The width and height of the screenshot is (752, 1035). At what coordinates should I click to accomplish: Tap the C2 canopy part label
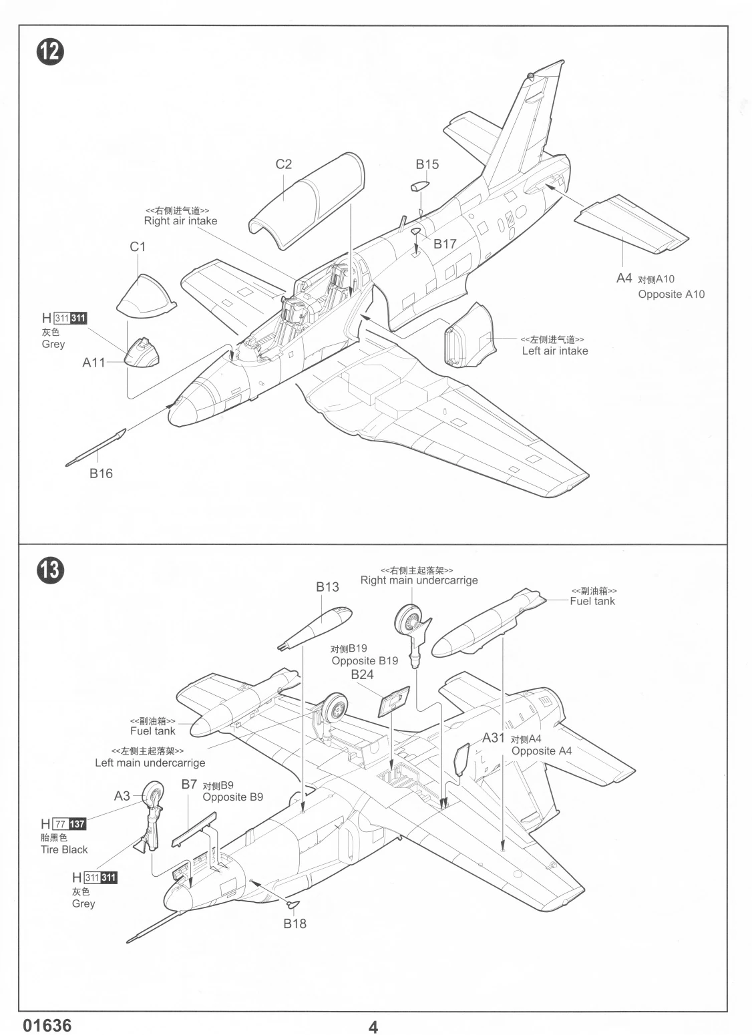click(x=284, y=164)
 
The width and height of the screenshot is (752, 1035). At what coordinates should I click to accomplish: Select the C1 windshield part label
click(x=138, y=246)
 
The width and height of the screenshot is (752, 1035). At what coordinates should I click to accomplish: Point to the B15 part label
click(x=427, y=164)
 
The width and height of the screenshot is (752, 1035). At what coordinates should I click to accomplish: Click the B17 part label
click(x=445, y=244)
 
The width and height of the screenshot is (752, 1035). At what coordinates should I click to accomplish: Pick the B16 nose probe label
click(x=102, y=473)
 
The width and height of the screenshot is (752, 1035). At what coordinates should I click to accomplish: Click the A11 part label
click(x=94, y=363)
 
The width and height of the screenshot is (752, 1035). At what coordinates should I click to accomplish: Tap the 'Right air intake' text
click(x=180, y=221)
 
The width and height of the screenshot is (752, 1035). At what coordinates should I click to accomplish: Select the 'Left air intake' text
click(x=555, y=351)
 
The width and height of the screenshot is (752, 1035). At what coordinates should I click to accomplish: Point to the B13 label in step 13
click(x=327, y=587)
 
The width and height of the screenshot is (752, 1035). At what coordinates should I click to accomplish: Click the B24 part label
click(x=362, y=674)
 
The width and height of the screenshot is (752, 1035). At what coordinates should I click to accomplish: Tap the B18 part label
click(x=295, y=923)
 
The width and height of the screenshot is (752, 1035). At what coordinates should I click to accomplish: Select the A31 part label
click(x=494, y=738)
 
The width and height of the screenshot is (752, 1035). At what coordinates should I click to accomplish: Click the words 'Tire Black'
click(x=64, y=849)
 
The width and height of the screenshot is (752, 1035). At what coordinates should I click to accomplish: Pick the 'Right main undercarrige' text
click(x=419, y=580)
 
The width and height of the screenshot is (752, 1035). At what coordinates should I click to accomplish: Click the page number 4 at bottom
click(x=373, y=1026)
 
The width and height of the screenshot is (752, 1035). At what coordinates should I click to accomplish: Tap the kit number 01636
click(x=47, y=1025)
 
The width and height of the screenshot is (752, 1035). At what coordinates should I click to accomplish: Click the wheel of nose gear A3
click(x=154, y=795)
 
